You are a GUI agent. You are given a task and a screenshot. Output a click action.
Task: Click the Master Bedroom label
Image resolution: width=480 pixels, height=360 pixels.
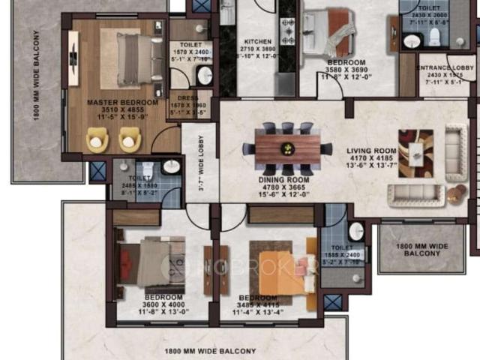pos(122,102)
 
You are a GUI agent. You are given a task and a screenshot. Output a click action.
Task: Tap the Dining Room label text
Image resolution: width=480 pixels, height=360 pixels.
pos(283,180)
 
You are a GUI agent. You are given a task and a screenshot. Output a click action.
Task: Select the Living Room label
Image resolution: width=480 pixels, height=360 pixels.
pos(370,151)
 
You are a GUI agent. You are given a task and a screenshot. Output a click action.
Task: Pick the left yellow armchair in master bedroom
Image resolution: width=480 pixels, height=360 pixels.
pos(97,139)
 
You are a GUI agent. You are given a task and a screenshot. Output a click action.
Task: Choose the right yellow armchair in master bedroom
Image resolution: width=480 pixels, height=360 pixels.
pos(130,139)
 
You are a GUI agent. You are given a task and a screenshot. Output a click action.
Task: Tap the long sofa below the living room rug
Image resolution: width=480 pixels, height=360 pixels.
pos(415,196)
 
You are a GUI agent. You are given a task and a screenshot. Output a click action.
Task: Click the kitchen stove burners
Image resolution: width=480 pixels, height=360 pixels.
pos(287,31)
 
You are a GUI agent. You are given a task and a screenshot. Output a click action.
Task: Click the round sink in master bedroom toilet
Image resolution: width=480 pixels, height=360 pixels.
pos(204,75)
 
